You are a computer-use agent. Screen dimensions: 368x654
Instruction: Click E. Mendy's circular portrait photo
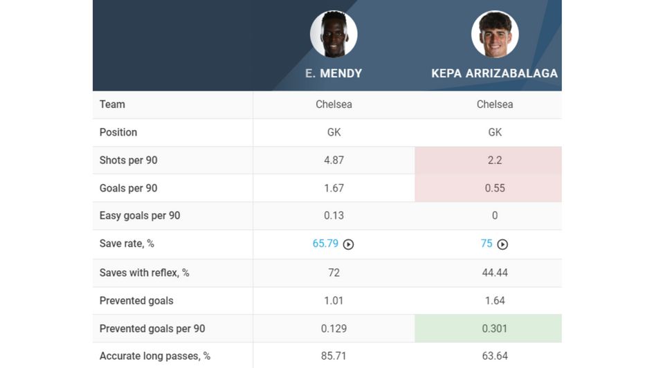tap(334, 34)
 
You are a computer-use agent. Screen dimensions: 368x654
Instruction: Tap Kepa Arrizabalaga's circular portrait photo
tap(495, 34)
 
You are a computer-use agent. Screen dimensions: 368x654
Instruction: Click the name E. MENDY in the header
tap(334, 73)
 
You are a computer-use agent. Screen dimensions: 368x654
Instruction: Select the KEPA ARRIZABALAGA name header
tap(494, 73)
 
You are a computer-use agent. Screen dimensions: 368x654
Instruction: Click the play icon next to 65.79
tap(349, 244)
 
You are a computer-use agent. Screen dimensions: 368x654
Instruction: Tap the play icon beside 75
tap(502, 244)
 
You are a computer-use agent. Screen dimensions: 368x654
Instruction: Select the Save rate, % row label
tap(127, 243)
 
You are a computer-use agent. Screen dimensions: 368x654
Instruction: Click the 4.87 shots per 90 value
tap(334, 160)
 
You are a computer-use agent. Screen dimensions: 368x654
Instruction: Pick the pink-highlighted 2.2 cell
tap(494, 160)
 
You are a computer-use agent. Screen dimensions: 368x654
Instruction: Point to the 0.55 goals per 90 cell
tap(494, 188)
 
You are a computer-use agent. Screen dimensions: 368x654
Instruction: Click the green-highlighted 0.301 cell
tap(494, 329)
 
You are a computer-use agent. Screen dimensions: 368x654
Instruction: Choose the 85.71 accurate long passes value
tap(334, 356)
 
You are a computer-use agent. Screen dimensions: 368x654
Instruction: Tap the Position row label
tap(118, 132)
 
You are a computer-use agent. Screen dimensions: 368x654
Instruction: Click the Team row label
tap(112, 104)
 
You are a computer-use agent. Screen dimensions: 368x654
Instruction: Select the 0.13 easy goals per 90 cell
tap(334, 216)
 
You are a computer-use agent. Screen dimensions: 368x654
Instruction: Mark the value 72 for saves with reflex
tap(334, 273)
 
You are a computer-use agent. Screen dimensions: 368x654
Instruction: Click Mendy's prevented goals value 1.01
tap(334, 301)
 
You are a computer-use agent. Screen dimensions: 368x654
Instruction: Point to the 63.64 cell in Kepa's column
tap(494, 356)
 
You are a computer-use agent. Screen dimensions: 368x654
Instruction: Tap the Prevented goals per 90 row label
tap(152, 329)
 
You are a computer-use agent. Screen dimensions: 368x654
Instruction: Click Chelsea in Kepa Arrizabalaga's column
tap(494, 104)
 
